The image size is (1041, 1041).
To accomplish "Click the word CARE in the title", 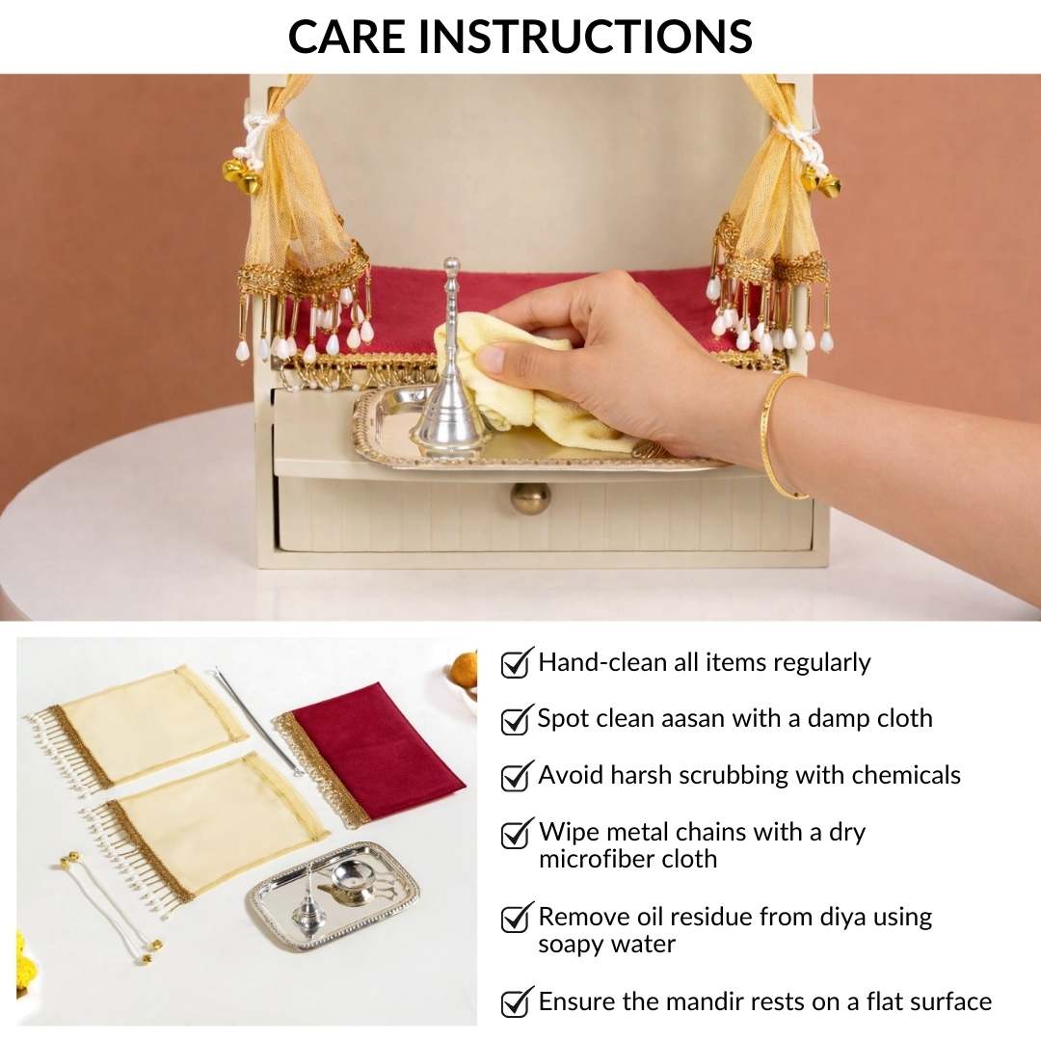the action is coord(346,36).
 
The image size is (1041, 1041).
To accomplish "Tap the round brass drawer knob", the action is coord(530,498).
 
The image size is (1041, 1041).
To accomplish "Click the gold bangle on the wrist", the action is coord(778,435).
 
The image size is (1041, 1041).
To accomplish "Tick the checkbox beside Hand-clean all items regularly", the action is coord(518,662).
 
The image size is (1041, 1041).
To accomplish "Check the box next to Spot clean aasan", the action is coord(518,719).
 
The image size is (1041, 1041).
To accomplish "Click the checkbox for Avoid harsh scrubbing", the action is coord(518,775).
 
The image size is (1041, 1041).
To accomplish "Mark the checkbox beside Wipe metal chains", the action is coord(518,833).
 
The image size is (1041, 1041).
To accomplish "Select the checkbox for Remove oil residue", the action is coord(518,917).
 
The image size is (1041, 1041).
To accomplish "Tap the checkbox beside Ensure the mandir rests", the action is coord(518,1001).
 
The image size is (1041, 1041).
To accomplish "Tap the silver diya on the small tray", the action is coord(353,882).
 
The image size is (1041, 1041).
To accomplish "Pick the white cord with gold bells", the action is coord(111,910).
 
